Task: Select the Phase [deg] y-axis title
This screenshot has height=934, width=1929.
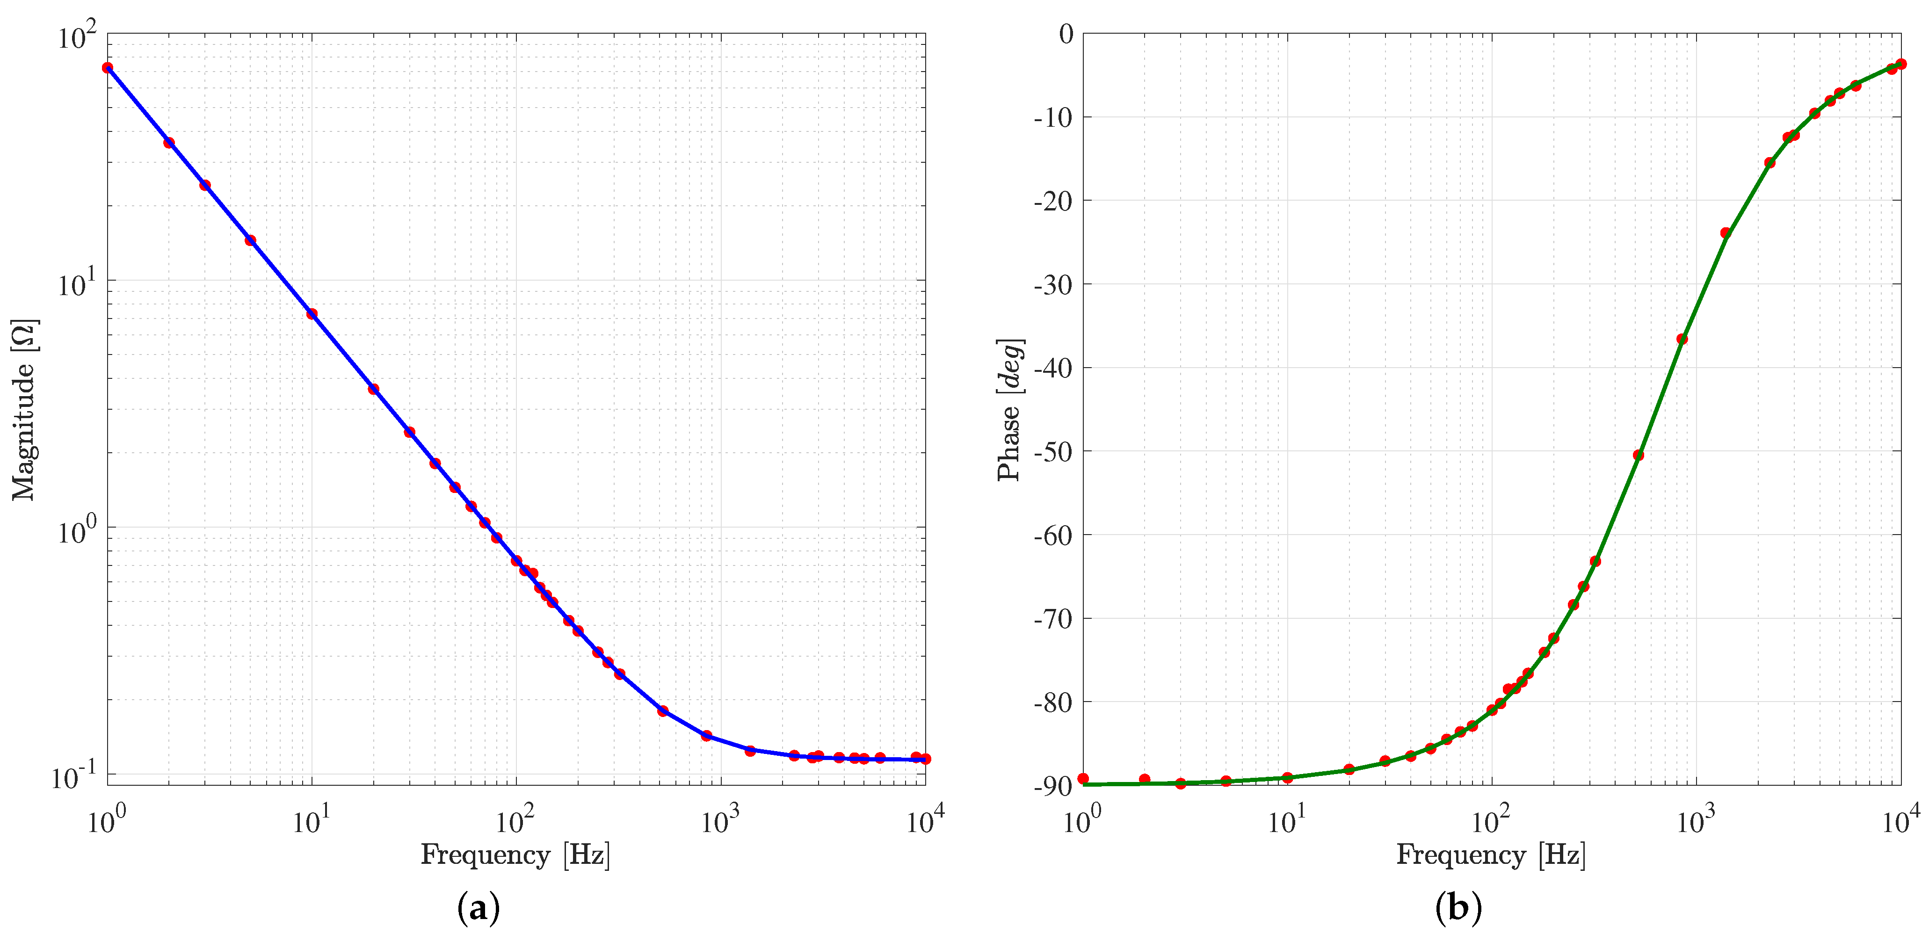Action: click(x=1009, y=410)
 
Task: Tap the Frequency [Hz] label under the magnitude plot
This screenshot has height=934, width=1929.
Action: click(x=515, y=854)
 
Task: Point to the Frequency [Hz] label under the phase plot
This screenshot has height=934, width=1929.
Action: click(x=1491, y=854)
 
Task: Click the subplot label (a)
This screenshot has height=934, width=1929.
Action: click(x=478, y=909)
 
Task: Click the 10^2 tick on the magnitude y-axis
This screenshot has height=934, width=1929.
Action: click(x=77, y=36)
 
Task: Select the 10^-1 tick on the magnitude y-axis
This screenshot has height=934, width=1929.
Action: click(x=74, y=777)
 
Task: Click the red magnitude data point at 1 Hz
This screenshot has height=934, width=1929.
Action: click(x=108, y=67)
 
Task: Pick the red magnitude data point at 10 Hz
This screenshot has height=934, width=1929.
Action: click(x=312, y=314)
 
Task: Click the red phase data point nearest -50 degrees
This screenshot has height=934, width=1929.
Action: click(x=1638, y=455)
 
